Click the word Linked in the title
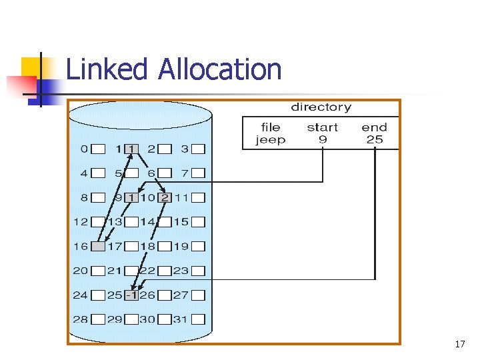pyautogui.click(x=108, y=69)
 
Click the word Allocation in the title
pyautogui.click(x=219, y=69)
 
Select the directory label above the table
pyautogui.click(x=321, y=107)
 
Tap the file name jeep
pyautogui.click(x=271, y=140)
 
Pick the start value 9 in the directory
pyautogui.click(x=322, y=140)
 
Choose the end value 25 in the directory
pyautogui.click(x=374, y=140)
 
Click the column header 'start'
pyautogui.click(x=322, y=127)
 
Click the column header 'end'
pyautogui.click(x=374, y=127)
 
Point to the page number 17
pyautogui.click(x=459, y=345)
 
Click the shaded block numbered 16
pyautogui.click(x=98, y=247)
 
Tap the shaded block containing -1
pyautogui.click(x=131, y=295)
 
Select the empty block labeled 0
pyautogui.click(x=98, y=149)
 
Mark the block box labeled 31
pyautogui.click(x=198, y=319)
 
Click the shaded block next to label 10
pyautogui.click(x=165, y=197)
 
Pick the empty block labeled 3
pyautogui.click(x=198, y=149)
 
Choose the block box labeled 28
pyautogui.click(x=98, y=319)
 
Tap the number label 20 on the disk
pyautogui.click(x=81, y=271)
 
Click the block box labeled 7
pyautogui.click(x=198, y=173)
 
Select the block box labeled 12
pyautogui.click(x=98, y=222)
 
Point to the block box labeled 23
pyautogui.click(x=198, y=271)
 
